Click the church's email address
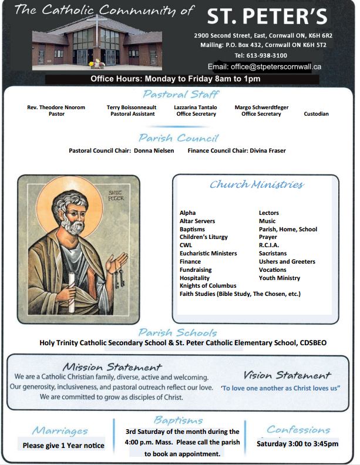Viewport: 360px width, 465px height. [279, 67]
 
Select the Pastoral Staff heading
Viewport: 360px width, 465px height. [180, 95]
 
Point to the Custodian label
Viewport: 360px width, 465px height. [316, 114]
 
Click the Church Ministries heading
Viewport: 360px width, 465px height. [257, 185]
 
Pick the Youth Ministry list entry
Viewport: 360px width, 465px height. [280, 278]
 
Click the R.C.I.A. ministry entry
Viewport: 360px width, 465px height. [269, 245]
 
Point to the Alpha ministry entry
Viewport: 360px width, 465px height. [188, 213]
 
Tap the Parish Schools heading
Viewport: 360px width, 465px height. [177, 332]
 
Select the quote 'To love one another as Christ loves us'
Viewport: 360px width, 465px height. [281, 389]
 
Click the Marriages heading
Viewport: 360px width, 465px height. [60, 431]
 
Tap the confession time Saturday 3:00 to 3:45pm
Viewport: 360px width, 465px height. [297, 444]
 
